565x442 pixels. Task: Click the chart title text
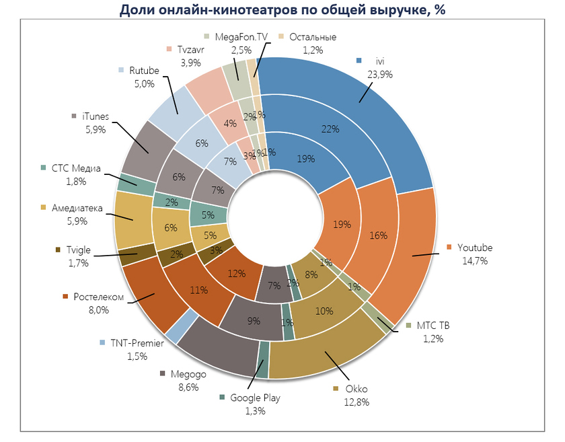282,9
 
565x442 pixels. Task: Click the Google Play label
255,398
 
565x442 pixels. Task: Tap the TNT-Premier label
137,343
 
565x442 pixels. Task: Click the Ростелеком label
100,297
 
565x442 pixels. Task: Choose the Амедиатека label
76,208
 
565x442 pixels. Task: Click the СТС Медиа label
75,168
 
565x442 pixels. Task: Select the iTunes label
95,116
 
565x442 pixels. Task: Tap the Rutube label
144,70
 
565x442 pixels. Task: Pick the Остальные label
312,37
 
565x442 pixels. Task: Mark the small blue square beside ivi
360,61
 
